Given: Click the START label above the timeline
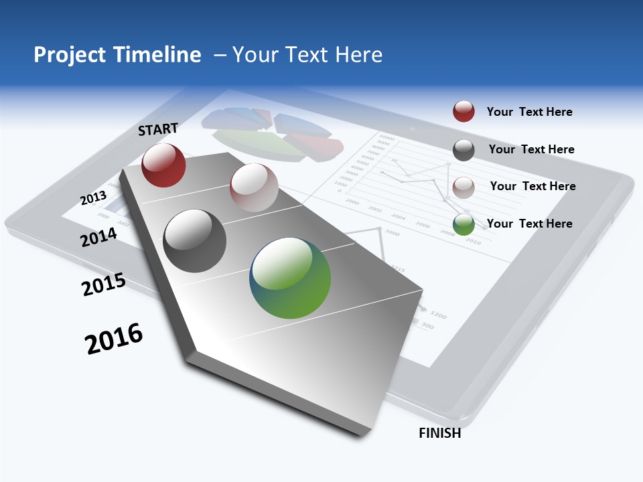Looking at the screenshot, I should (158, 129).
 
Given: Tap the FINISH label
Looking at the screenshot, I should (439, 433).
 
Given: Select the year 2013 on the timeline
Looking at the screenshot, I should (93, 198).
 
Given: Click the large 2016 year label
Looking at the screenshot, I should (114, 339).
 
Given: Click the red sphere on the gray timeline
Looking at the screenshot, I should (163, 165).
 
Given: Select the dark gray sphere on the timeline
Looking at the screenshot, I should (194, 241).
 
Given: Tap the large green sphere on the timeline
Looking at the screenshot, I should (290, 278).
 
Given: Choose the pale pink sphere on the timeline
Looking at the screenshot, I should (254, 187).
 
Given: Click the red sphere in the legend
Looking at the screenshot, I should (463, 112).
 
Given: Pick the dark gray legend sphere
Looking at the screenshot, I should (463, 150).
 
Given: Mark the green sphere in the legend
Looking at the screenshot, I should (463, 225).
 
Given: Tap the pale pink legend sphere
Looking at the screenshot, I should (463, 187).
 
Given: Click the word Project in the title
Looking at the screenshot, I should (69, 55).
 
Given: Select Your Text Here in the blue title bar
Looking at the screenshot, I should (307, 55).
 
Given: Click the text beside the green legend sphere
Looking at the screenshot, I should (529, 224).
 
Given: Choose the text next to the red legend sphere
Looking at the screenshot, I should (529, 112).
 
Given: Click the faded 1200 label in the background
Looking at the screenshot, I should (439, 315).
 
